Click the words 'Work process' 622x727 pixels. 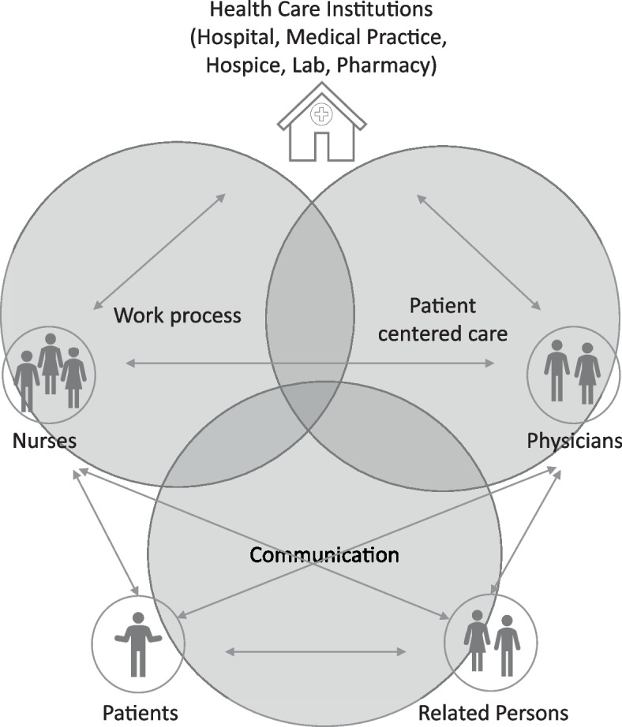point(177,316)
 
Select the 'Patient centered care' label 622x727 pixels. point(442,319)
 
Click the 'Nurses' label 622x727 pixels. point(44,440)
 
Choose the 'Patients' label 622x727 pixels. point(141,713)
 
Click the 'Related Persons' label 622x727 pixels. point(493,713)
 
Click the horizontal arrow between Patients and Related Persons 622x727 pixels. point(316,652)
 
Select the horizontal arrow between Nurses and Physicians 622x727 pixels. point(311,363)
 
